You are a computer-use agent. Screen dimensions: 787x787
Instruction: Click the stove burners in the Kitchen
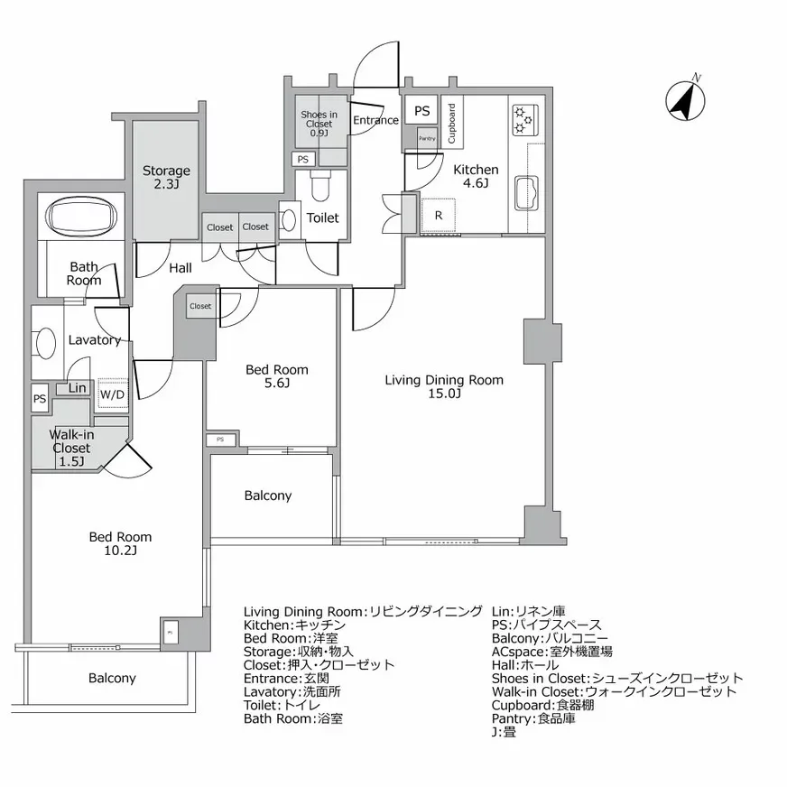click(524, 120)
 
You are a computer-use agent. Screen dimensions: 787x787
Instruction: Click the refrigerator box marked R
click(438, 216)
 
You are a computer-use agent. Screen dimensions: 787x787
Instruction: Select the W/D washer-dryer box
click(112, 394)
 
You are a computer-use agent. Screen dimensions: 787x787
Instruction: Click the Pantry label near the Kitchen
click(427, 138)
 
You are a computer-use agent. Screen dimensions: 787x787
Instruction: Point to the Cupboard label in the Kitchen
click(451, 124)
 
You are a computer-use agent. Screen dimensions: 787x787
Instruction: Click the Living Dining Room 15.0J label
click(444, 386)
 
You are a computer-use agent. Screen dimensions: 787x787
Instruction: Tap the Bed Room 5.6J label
click(277, 376)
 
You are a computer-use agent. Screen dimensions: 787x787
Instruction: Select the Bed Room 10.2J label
click(120, 543)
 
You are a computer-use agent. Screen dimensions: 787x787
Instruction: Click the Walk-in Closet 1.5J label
click(71, 449)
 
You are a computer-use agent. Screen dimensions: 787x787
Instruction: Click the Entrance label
click(375, 120)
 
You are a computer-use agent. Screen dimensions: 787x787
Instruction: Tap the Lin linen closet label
click(78, 388)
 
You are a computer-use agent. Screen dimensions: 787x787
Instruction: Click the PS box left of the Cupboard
click(421, 110)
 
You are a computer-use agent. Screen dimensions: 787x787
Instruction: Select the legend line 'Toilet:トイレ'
click(282, 705)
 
